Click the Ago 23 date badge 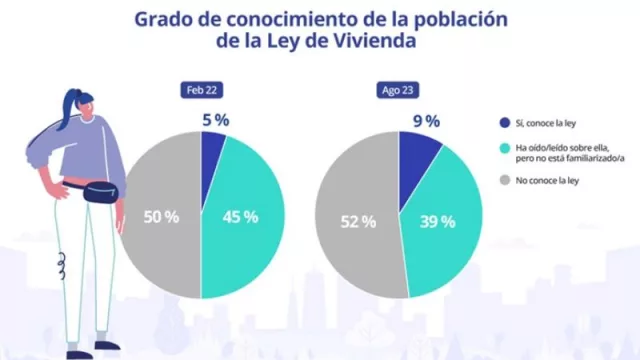click(x=398, y=90)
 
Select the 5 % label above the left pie click(x=214, y=120)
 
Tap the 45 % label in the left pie click(x=240, y=216)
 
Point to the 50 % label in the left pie click(x=160, y=216)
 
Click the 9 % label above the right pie click(x=426, y=121)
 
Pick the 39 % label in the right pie click(x=438, y=221)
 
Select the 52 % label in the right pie click(x=357, y=221)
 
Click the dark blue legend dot click(x=504, y=122)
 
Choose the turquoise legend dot click(x=504, y=147)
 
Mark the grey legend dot click(x=504, y=181)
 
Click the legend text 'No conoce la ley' click(x=548, y=181)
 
